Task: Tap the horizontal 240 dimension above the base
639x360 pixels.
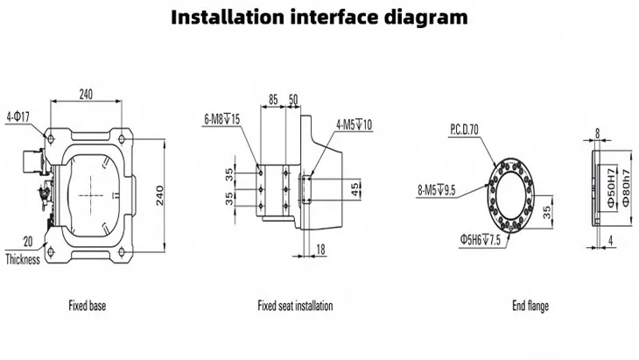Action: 87,93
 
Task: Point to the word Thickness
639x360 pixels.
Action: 23,260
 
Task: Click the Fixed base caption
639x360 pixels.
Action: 88,307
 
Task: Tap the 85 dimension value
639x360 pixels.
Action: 273,100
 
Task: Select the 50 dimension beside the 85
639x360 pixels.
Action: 292,100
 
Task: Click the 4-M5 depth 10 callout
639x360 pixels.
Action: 354,125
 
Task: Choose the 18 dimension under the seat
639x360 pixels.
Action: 320,251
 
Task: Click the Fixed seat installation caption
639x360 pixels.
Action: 294,307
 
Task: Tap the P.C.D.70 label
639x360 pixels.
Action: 466,129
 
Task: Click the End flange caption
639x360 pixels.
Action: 530,307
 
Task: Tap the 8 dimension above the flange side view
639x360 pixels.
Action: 597,133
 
